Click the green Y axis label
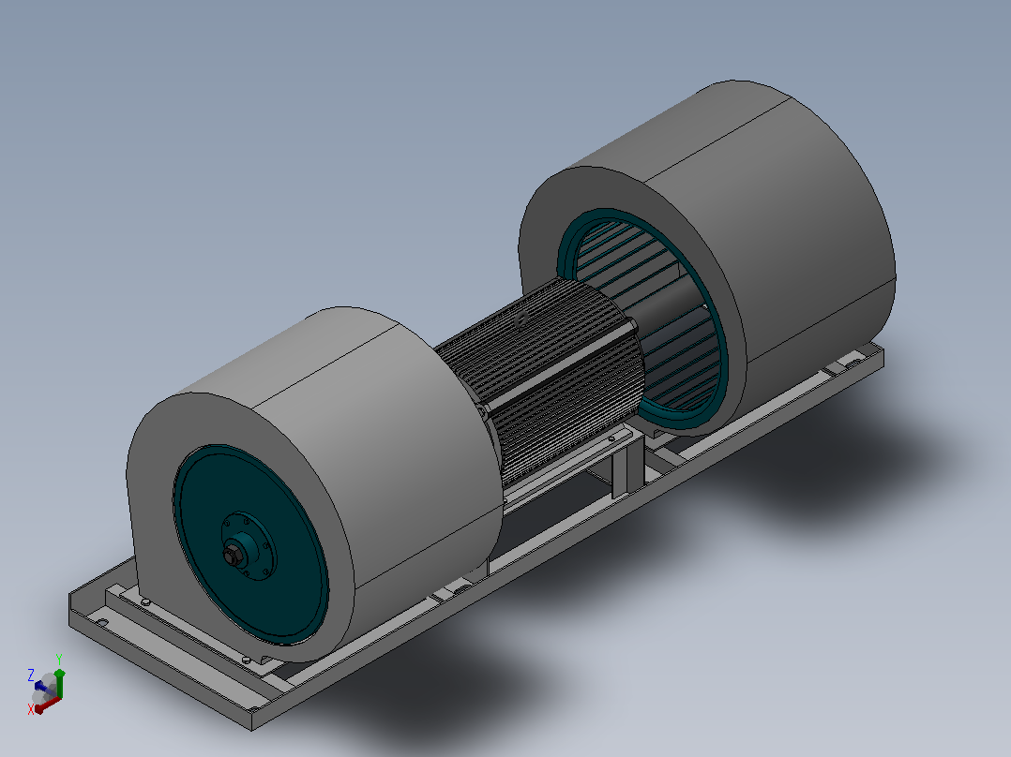pos(59,659)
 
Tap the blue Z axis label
pos(30,675)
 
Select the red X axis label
pos(30,709)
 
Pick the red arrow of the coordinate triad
pos(47,705)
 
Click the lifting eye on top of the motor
pos(521,319)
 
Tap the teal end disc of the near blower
pos(250,544)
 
